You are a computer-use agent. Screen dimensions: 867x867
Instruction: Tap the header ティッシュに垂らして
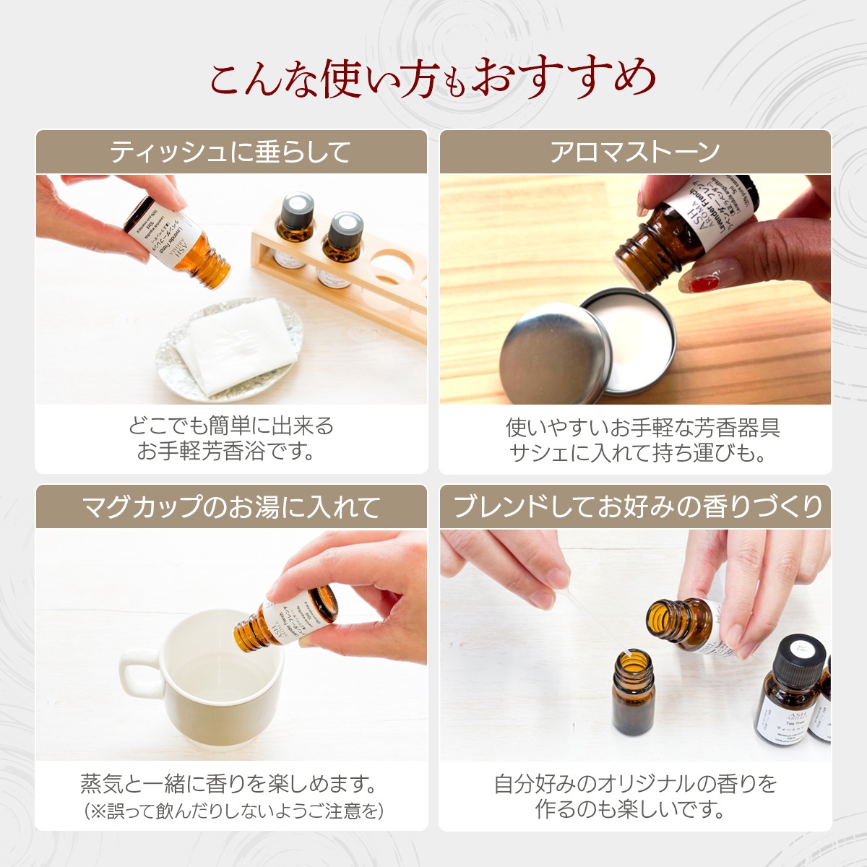coord(230,152)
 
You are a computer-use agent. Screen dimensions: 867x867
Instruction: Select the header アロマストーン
coord(635,152)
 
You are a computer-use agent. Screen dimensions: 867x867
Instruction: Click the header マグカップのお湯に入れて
coord(230,507)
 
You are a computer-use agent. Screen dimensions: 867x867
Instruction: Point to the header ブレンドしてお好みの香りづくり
coord(636,507)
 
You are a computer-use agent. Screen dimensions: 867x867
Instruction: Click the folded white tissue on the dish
coord(238,343)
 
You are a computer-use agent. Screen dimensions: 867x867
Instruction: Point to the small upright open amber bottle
coord(633,697)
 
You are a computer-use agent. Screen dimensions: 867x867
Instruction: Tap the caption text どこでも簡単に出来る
coord(230,426)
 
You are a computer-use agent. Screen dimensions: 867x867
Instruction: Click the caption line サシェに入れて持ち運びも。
coord(636,453)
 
